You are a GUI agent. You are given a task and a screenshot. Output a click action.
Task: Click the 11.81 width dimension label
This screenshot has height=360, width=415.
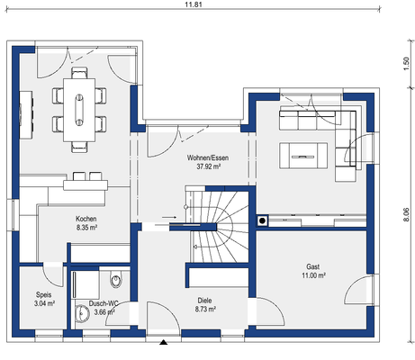(x=194, y=4)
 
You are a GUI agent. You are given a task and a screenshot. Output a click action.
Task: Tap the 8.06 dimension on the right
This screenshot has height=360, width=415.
(x=406, y=215)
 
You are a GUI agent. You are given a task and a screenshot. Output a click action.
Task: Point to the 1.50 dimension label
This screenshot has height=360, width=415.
(x=406, y=64)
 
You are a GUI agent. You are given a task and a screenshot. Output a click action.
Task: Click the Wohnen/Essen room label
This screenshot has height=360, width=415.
(x=208, y=157)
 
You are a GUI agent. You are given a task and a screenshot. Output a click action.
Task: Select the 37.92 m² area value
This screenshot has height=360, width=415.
(x=209, y=166)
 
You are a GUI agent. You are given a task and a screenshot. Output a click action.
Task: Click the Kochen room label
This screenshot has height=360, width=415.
(x=86, y=219)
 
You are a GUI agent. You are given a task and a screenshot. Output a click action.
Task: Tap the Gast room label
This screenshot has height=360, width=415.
(x=312, y=266)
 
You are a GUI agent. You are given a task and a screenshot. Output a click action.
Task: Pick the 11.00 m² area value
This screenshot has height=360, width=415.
(x=313, y=275)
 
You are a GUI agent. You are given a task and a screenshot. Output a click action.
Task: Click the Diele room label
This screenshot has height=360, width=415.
(x=204, y=301)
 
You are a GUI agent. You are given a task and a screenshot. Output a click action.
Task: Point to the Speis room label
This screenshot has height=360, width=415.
(x=44, y=295)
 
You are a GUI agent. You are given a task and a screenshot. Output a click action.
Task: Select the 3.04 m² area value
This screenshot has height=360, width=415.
(x=44, y=303)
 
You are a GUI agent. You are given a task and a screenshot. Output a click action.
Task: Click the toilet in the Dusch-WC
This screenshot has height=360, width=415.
(x=115, y=279)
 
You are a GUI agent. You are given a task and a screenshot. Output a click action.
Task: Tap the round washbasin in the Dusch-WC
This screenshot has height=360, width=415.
(x=82, y=314)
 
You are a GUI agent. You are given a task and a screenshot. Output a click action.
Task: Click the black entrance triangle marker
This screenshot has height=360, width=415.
(x=163, y=342)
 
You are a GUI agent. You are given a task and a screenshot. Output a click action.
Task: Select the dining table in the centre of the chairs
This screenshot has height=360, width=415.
(x=79, y=110)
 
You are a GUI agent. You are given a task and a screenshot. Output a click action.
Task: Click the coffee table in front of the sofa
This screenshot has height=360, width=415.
(x=303, y=156)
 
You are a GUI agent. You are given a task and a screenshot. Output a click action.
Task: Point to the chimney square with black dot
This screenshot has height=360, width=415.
(x=263, y=221)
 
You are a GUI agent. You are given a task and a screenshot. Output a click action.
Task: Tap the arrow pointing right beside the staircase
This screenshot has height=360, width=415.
(x=169, y=217)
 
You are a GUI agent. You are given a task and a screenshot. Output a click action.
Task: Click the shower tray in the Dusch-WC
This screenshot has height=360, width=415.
(x=86, y=284)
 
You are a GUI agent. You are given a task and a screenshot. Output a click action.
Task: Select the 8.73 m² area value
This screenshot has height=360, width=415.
(x=205, y=309)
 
